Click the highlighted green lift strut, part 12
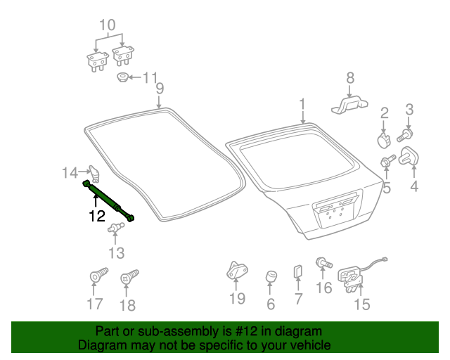[x=108, y=200]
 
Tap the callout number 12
[x=97, y=216]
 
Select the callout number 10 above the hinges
[x=108, y=25]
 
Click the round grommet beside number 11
[x=122, y=77]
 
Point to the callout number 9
[x=160, y=88]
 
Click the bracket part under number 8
[x=350, y=105]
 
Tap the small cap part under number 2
[x=384, y=140]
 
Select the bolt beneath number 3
[x=405, y=136]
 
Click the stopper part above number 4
[x=409, y=157]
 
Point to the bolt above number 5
[x=387, y=161]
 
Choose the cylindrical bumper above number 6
[x=271, y=277]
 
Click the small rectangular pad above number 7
[x=297, y=271]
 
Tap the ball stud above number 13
[x=115, y=228]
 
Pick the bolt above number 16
[x=324, y=263]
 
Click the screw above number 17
[x=98, y=275]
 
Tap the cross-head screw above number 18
[x=129, y=276]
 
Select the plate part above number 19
[x=237, y=271]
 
